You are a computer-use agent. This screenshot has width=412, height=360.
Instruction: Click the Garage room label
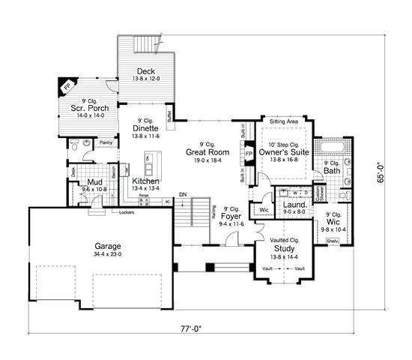pyautogui.click(x=108, y=245)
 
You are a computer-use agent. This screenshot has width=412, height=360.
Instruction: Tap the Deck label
pyautogui.click(x=146, y=70)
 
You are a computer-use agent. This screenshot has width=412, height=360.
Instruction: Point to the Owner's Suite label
pyautogui.click(x=279, y=152)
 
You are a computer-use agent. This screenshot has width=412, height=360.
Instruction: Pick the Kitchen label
pyautogui.click(x=145, y=181)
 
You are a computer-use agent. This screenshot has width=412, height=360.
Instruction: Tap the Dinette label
pyautogui.click(x=146, y=127)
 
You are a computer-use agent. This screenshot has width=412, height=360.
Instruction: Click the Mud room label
pyautogui.click(x=94, y=182)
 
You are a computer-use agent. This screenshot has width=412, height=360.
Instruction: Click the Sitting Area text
pyautogui.click(x=284, y=120)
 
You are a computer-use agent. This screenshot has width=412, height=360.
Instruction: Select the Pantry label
pyautogui.click(x=106, y=141)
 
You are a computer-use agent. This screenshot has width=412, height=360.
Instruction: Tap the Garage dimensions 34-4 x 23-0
pyautogui.click(x=108, y=254)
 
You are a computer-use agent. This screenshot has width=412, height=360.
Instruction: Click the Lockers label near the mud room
pyautogui.click(x=126, y=212)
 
